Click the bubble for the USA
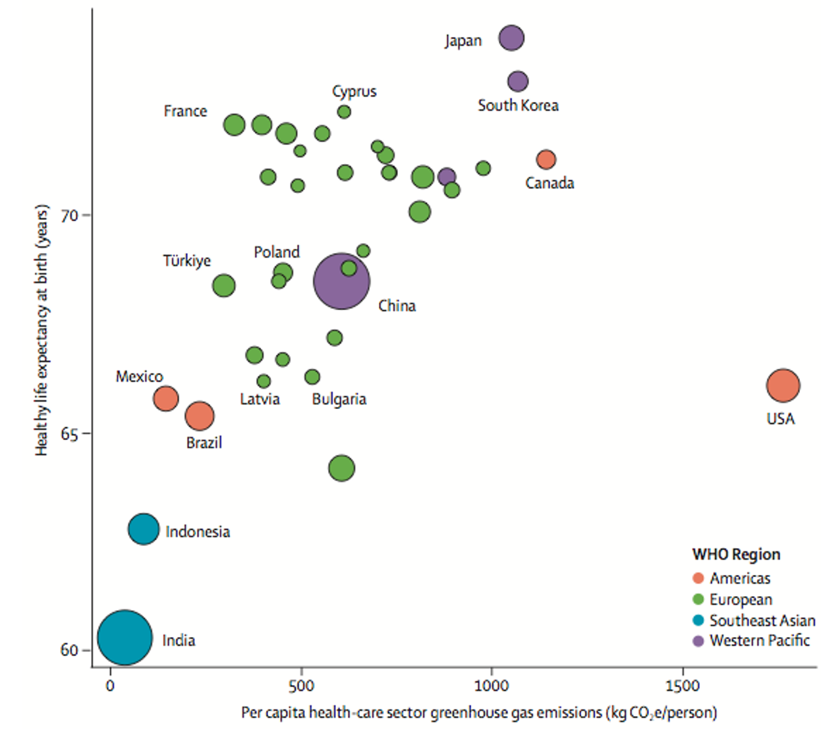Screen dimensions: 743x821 783,385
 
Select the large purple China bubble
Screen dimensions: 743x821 341,281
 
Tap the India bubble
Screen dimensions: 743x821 125,638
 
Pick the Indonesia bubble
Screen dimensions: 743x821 144,529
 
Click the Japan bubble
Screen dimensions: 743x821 511,38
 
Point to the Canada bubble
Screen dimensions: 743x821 546,159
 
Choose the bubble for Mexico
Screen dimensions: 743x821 166,399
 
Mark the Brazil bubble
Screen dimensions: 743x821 200,416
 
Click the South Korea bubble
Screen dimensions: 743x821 518,82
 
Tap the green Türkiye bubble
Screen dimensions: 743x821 224,286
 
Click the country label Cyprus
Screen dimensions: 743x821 354,92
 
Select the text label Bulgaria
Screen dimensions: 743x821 339,399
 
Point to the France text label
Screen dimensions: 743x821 185,111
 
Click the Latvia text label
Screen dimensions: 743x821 260,399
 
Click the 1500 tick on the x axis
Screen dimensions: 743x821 682,686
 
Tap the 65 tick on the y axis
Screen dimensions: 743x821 70,434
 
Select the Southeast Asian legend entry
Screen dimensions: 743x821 754,620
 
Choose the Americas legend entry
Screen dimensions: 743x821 731,578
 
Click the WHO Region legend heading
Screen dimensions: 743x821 736,555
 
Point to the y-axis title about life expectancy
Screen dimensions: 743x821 42,329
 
